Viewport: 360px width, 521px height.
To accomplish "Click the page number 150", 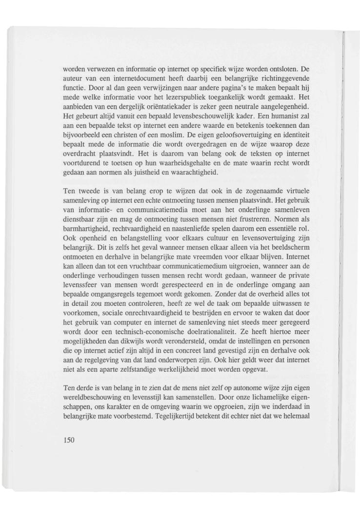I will click(69, 441).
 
